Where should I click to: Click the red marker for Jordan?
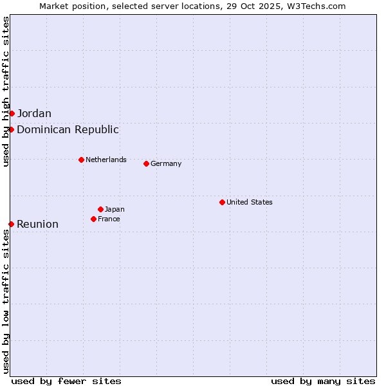point(12,113)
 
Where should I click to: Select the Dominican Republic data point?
point(12,129)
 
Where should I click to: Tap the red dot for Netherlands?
point(81,160)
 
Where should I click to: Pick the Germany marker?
point(146,163)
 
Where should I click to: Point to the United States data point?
point(222,202)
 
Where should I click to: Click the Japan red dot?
point(100,209)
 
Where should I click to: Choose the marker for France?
point(93,219)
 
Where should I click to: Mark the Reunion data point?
point(12,224)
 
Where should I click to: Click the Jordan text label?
point(34,114)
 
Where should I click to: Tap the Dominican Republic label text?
point(68,129)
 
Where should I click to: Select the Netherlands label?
point(106,160)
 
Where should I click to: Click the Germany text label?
point(166,163)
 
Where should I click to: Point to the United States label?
point(250,202)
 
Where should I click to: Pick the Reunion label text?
point(37,225)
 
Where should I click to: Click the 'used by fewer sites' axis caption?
point(66,381)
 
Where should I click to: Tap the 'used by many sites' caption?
point(323,381)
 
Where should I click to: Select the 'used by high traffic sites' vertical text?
point(6,91)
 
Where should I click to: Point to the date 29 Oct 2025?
point(255,6)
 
